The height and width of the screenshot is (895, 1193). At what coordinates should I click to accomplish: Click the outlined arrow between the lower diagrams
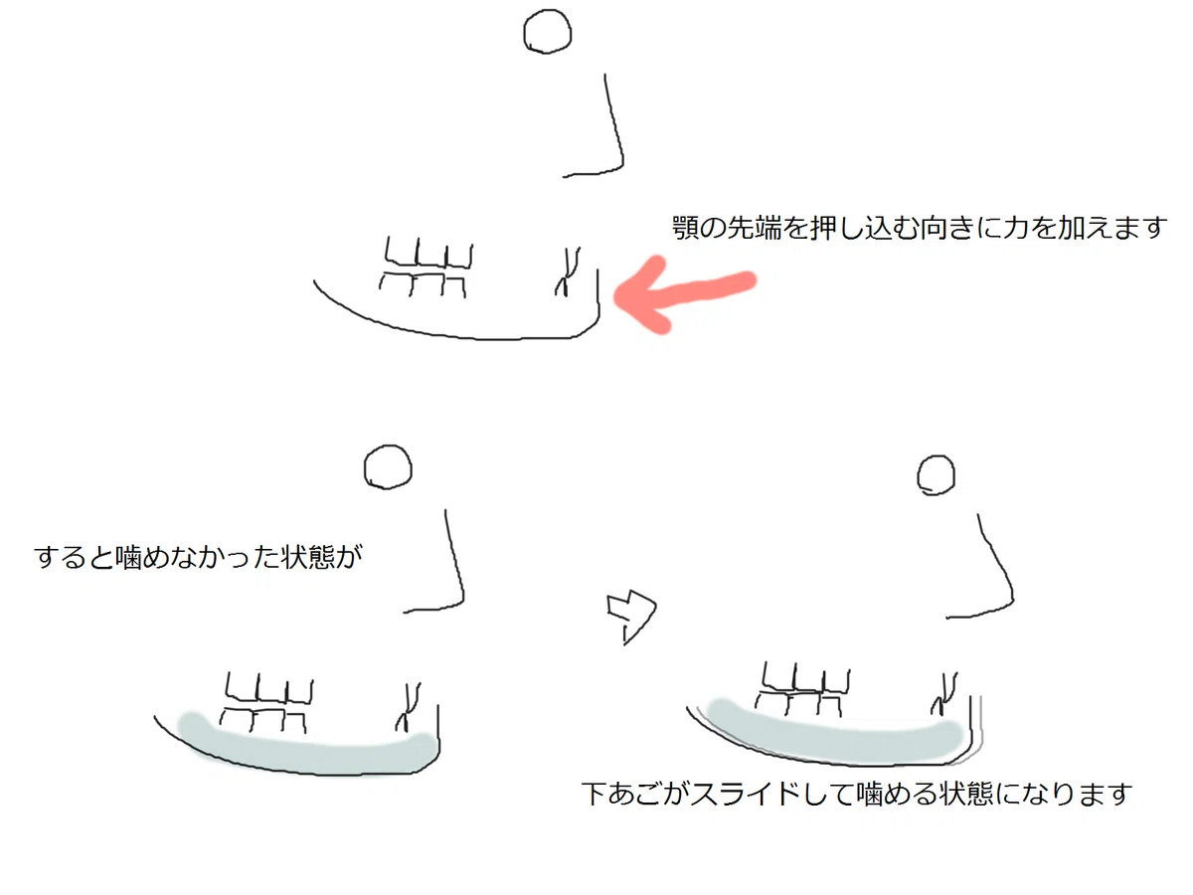(631, 617)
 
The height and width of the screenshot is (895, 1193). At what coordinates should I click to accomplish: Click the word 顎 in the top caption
(685, 228)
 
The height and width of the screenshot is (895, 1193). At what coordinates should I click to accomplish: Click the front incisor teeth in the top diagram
(567, 271)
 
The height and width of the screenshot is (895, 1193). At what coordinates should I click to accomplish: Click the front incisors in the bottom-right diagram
(944, 693)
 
